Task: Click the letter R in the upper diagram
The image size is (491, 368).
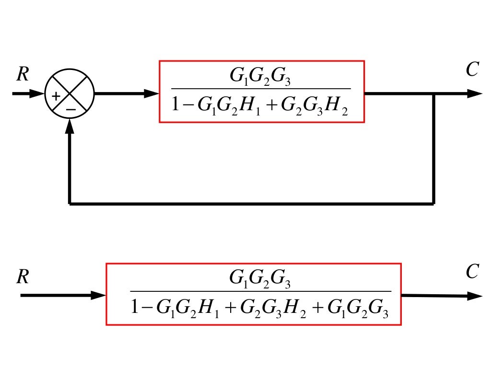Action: click(22, 74)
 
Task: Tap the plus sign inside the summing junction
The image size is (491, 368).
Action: click(56, 96)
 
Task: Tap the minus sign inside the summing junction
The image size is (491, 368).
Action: click(70, 109)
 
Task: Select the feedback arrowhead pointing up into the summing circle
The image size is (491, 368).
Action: click(70, 126)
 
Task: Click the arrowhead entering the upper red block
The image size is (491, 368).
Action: click(152, 94)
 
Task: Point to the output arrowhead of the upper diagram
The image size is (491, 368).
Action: click(474, 94)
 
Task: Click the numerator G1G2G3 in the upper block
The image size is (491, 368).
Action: click(260, 78)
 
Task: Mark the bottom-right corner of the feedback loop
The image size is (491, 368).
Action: click(434, 204)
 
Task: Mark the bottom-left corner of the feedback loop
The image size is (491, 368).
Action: click(70, 204)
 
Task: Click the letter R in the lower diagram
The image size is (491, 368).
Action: click(22, 277)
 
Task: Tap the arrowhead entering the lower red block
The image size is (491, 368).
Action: click(99, 296)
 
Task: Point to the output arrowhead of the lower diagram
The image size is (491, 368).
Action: click(474, 296)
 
